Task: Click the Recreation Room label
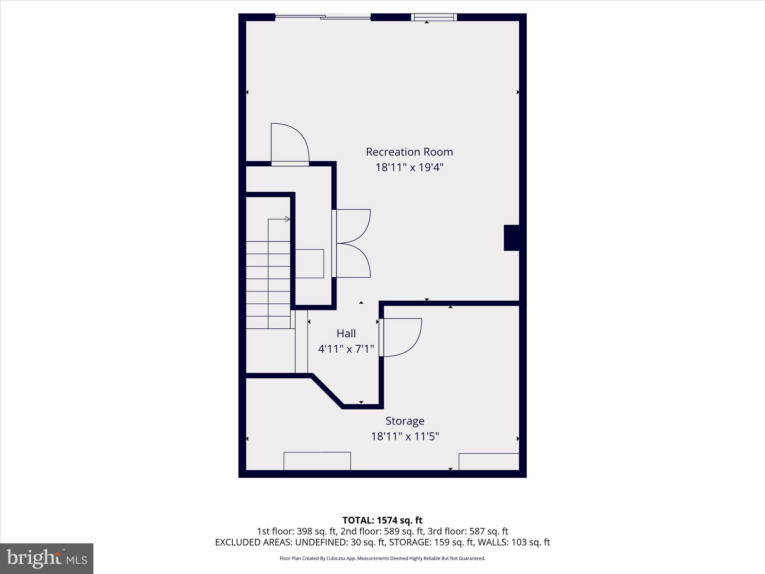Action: [409, 152]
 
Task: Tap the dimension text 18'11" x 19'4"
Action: [409, 167]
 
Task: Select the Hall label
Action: [346, 333]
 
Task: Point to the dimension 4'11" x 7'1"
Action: [346, 349]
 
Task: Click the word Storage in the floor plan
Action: [405, 421]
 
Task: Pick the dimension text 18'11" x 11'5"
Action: [405, 436]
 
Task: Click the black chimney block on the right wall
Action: [511, 238]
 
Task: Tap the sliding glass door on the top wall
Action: [323, 17]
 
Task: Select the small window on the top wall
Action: [434, 17]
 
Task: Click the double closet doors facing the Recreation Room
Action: [351, 244]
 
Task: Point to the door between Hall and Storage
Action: [400, 337]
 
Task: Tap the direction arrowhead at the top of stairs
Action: [287, 219]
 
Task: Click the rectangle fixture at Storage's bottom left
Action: [317, 461]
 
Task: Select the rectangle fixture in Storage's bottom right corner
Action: [489, 462]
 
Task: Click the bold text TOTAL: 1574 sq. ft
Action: [382, 520]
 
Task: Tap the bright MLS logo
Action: [47, 558]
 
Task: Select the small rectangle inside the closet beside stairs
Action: [309, 263]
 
